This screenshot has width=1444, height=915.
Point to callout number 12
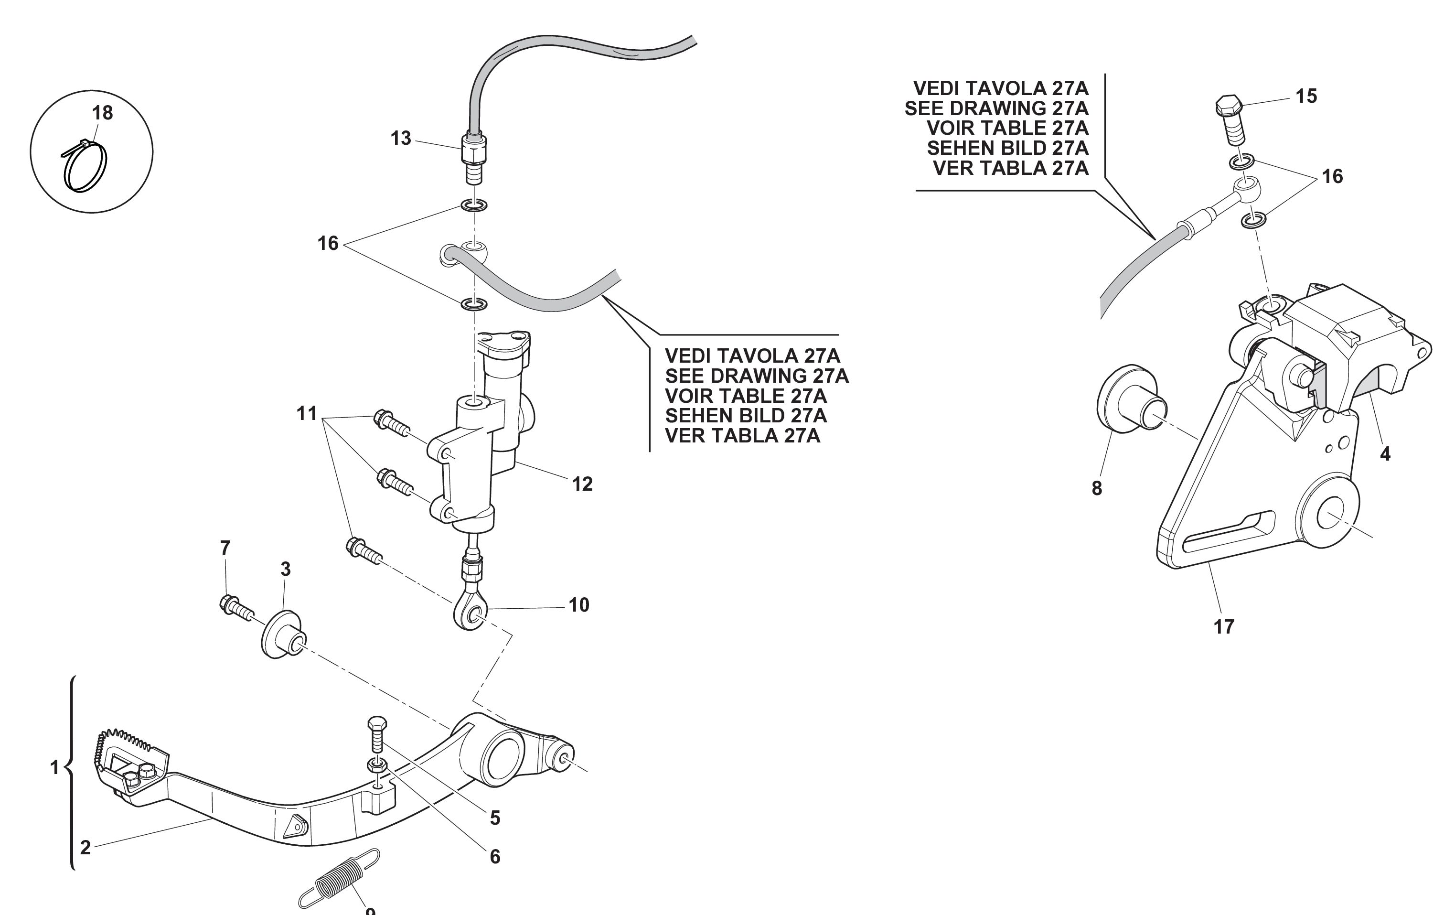click(x=582, y=484)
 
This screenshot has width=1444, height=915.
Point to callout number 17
click(x=1224, y=626)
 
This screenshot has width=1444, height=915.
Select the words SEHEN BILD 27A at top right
click(x=1007, y=148)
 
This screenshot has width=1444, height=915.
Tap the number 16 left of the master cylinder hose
click(x=328, y=243)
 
